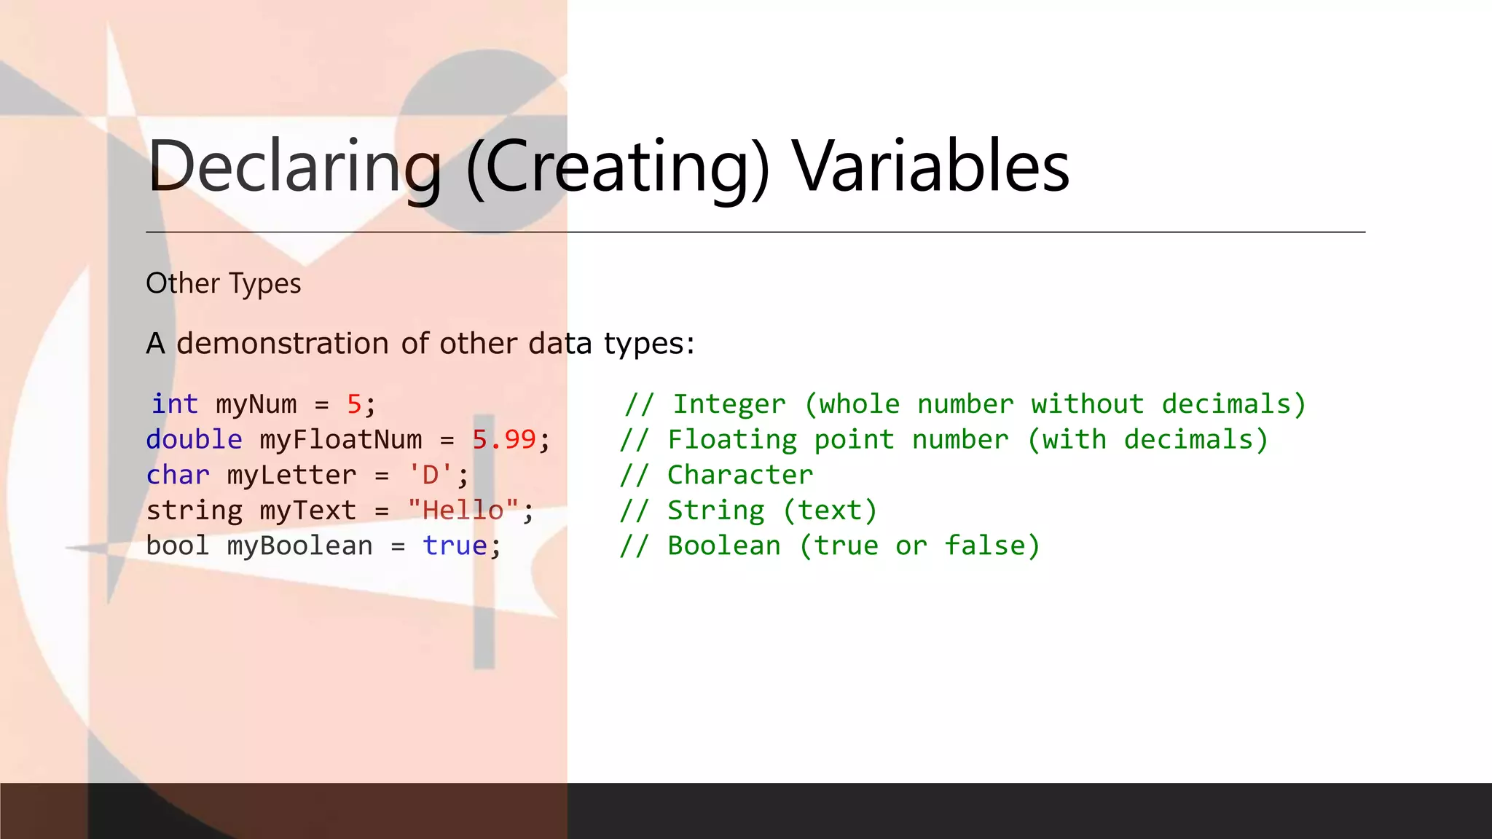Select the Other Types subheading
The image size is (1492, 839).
(x=223, y=283)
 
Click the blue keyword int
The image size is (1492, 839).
(x=175, y=404)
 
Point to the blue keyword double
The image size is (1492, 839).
(x=194, y=440)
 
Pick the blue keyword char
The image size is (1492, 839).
(x=178, y=475)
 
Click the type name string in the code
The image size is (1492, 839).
(x=194, y=511)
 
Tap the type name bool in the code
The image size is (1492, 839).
(x=178, y=545)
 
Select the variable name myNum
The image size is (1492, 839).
(x=256, y=405)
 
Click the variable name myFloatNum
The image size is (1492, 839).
(x=341, y=440)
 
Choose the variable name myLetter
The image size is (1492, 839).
(x=291, y=476)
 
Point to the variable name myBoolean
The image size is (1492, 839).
(x=299, y=546)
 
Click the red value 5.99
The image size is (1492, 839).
(x=504, y=440)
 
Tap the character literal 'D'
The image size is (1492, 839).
(x=431, y=476)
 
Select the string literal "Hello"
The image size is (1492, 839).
(x=463, y=511)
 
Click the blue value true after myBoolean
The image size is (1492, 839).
(x=455, y=545)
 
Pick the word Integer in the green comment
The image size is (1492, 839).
(x=729, y=405)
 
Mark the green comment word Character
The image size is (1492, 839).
(x=740, y=475)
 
